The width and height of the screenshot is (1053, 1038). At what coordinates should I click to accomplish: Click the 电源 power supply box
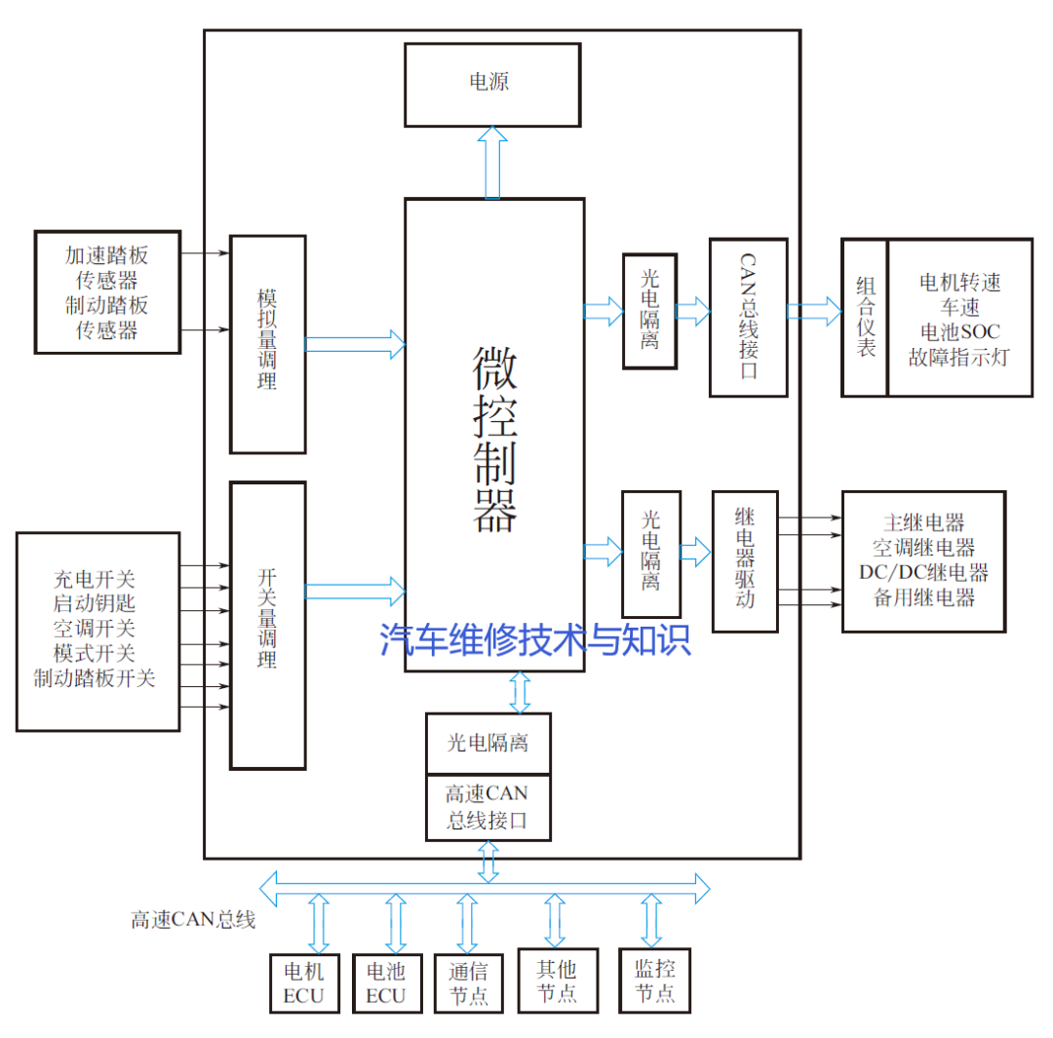click(x=491, y=85)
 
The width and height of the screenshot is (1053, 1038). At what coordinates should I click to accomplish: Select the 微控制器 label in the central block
click(x=494, y=441)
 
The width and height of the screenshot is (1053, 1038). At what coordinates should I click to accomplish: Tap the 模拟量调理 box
click(x=267, y=344)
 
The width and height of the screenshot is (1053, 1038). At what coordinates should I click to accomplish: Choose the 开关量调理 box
click(x=267, y=624)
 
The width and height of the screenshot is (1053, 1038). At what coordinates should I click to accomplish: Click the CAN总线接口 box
click(x=748, y=318)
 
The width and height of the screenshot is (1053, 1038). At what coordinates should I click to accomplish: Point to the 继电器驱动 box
click(x=745, y=561)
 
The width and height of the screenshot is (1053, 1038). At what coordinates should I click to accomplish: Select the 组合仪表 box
click(x=865, y=318)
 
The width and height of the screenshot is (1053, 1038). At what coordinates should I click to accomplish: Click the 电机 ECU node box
click(x=303, y=982)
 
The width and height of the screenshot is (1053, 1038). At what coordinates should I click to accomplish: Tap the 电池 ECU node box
click(x=386, y=982)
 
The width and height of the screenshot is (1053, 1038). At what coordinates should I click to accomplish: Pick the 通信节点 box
click(x=467, y=982)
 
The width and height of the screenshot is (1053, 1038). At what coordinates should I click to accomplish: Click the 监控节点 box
click(x=654, y=980)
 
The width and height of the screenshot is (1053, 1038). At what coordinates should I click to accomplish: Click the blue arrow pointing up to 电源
click(x=493, y=162)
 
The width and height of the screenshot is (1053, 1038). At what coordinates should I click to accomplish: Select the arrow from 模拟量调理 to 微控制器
click(x=355, y=344)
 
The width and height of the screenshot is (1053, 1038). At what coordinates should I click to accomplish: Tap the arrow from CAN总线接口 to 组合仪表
click(x=814, y=311)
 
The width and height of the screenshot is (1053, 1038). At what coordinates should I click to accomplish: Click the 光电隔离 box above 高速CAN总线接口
click(x=487, y=744)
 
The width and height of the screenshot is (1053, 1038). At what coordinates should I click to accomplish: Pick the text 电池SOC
click(x=959, y=332)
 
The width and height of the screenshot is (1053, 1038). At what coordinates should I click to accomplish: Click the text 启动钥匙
click(x=96, y=603)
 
